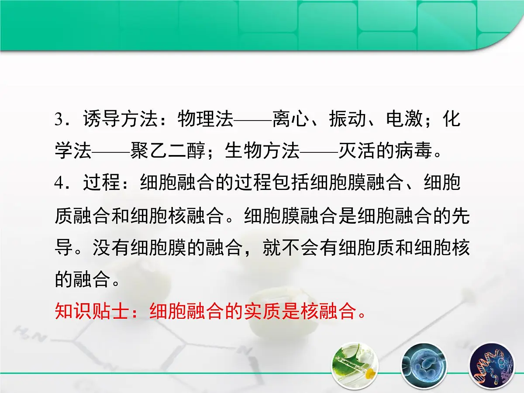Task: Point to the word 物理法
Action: click(206, 119)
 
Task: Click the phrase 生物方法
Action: click(262, 152)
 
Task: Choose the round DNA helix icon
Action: click(492, 366)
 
